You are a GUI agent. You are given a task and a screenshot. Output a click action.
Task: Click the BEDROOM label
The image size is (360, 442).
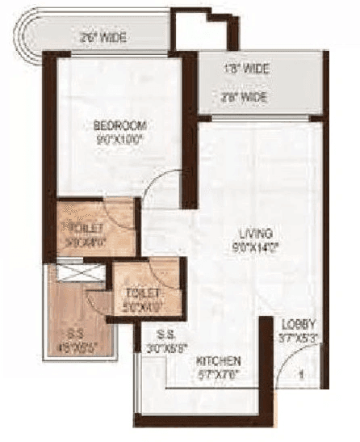(x=119, y=125)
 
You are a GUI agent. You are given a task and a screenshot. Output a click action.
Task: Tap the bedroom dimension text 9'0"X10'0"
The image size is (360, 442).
(x=119, y=138)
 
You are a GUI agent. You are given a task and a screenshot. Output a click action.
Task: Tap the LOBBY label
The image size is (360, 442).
(x=298, y=325)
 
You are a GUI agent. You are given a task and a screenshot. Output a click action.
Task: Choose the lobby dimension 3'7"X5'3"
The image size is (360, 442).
(x=298, y=338)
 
